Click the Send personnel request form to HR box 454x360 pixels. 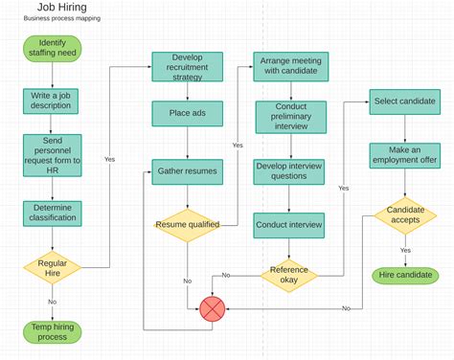pyautogui.click(x=52, y=155)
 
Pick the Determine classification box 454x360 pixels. pyautogui.click(x=52, y=214)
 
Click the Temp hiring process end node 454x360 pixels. pyautogui.click(x=52, y=331)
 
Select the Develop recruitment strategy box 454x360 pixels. pyautogui.click(x=187, y=66)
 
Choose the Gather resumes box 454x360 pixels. pyautogui.click(x=187, y=173)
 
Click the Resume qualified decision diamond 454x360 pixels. pyautogui.click(x=187, y=225)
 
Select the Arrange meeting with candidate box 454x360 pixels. pyautogui.click(x=290, y=66)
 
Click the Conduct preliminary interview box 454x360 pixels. pyautogui.click(x=290, y=115)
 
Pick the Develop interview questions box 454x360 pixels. pyautogui.click(x=290, y=170)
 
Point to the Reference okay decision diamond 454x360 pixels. pyautogui.click(x=290, y=275)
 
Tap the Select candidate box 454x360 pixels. pyautogui.click(x=405, y=101)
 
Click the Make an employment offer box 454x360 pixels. pyautogui.click(x=405, y=155)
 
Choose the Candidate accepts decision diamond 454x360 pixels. pyautogui.click(x=405, y=215)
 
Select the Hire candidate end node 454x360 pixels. pyautogui.click(x=405, y=276)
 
